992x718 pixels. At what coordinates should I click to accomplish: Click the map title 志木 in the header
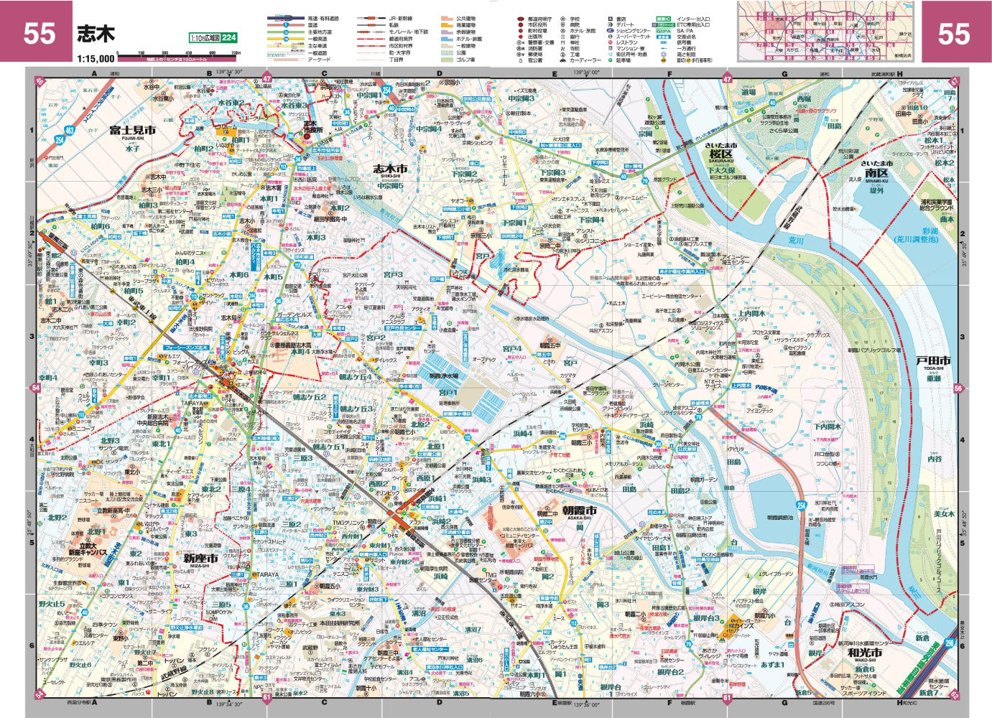tap(96, 34)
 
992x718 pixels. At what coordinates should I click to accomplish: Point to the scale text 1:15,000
tap(96, 58)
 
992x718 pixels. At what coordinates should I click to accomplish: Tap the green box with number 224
tap(228, 38)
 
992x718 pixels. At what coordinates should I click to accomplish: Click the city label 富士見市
tap(133, 131)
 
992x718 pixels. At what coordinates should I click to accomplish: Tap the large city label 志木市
tap(390, 169)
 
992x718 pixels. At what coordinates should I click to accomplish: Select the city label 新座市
tap(195, 557)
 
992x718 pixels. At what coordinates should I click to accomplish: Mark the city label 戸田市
tap(933, 360)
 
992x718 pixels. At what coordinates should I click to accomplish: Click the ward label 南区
tap(876, 172)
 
